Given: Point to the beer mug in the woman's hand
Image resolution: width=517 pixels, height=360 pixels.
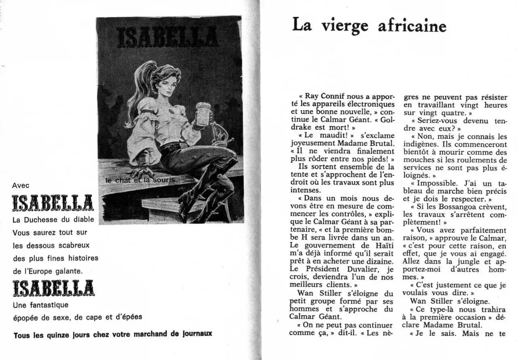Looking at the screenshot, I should click(x=203, y=112).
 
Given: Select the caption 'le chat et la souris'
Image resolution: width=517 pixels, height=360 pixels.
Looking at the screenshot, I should click(x=140, y=180).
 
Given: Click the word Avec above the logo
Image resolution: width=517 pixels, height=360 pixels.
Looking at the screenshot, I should click(x=21, y=185).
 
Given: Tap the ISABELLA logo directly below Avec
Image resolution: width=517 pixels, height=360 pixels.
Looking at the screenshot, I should click(x=53, y=203).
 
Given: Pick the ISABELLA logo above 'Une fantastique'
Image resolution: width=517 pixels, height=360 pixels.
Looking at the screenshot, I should click(x=53, y=288).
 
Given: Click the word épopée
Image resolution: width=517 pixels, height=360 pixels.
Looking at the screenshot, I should click(x=25, y=318).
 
